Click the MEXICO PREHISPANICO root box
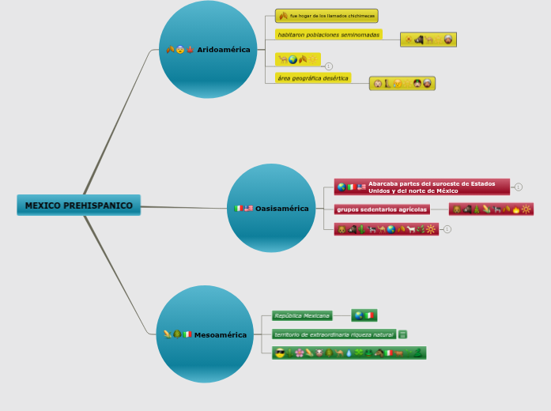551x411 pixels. pyautogui.click(x=78, y=205)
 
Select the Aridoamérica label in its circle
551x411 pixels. pyautogui.click(x=223, y=50)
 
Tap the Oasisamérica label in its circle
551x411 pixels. pyautogui.click(x=281, y=209)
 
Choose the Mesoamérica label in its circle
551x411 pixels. pyautogui.click(x=220, y=335)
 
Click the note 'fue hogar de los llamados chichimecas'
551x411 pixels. pyautogui.click(x=326, y=16)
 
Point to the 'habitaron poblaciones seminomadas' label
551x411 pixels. pyautogui.click(x=328, y=35)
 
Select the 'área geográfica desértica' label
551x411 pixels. pyautogui.click(x=312, y=78)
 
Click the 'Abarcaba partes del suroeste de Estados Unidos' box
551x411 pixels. pyautogui.click(x=422, y=187)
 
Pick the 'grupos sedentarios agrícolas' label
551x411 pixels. pyautogui.click(x=383, y=209)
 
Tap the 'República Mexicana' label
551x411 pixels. pyautogui.click(x=301, y=315)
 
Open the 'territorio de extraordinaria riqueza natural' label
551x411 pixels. pyautogui.click(x=333, y=334)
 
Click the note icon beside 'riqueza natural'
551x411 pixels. pyautogui.click(x=403, y=334)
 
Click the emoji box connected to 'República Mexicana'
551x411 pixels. pyautogui.click(x=364, y=315)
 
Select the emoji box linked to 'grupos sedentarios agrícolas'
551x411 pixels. pyautogui.click(x=491, y=209)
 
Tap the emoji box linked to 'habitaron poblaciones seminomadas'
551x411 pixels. pyautogui.click(x=428, y=40)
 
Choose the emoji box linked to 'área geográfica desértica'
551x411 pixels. pyautogui.click(x=402, y=84)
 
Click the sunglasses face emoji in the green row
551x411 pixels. pyautogui.click(x=279, y=353)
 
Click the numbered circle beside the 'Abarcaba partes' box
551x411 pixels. pyautogui.click(x=518, y=187)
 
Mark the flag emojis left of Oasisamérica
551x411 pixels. pyautogui.click(x=243, y=209)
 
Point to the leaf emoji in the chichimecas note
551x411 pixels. pyautogui.click(x=283, y=16)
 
